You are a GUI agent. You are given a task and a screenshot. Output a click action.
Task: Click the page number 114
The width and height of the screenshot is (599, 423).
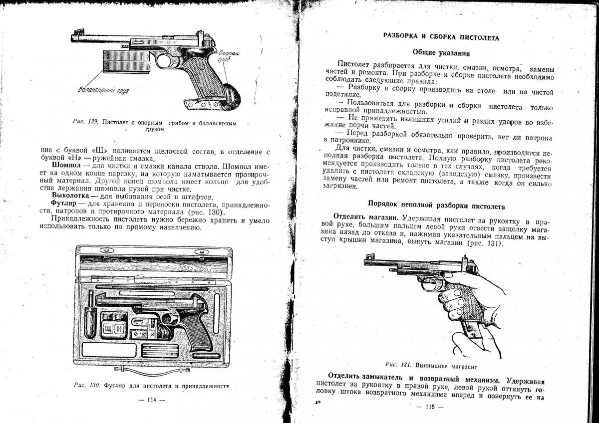(x=150, y=400)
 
